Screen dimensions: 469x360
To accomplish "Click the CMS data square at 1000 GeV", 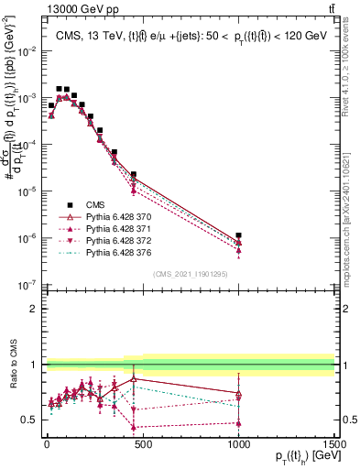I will tap(238, 235).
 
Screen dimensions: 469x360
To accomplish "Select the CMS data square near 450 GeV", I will tap(134, 174).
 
